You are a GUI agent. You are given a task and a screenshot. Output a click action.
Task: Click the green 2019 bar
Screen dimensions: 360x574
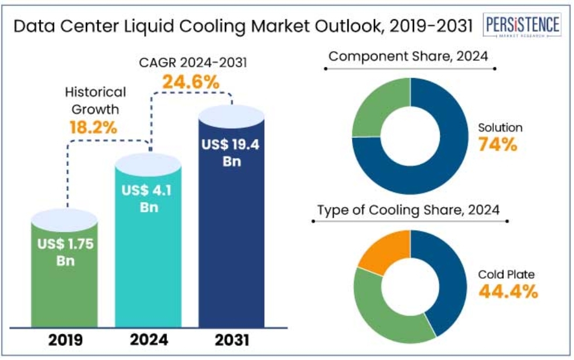point(64,289)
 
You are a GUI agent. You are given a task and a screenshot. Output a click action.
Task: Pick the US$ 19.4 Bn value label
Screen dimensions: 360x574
point(231,152)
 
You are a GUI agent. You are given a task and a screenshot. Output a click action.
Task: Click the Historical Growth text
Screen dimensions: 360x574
point(96,100)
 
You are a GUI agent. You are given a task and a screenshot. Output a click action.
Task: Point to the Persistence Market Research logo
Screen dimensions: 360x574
point(522,26)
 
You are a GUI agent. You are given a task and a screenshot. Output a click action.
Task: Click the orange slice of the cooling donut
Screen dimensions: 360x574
point(382,250)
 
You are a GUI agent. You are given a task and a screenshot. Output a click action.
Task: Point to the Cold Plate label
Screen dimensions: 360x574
point(506,275)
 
